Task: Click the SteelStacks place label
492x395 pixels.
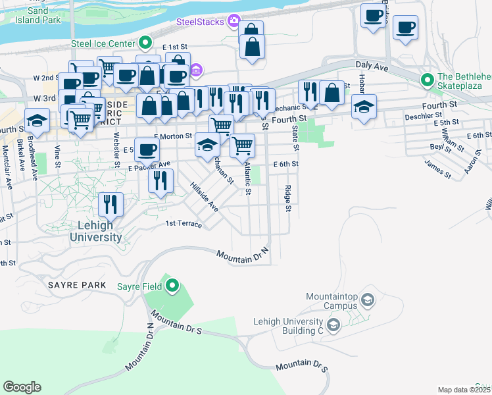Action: point(200,22)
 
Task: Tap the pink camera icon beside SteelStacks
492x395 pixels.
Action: point(233,22)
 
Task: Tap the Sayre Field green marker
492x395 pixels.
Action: point(172,286)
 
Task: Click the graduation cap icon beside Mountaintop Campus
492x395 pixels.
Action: point(367,301)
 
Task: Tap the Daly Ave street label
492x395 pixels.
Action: point(373,67)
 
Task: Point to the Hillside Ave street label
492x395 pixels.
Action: point(204,197)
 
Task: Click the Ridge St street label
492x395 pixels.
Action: point(288,198)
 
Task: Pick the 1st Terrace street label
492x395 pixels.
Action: point(184,224)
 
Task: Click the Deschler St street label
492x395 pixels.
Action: point(421,117)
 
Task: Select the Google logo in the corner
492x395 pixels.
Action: point(22,387)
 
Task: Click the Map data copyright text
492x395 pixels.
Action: point(464,390)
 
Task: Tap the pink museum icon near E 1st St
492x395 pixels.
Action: point(195,70)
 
